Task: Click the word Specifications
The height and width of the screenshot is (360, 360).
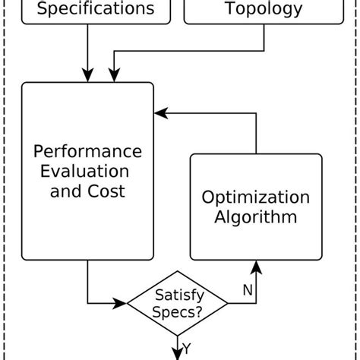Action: [95, 9]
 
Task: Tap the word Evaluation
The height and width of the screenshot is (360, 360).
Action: [89, 171]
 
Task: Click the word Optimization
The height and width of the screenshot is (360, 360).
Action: [255, 197]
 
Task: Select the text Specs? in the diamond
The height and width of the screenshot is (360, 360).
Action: [178, 311]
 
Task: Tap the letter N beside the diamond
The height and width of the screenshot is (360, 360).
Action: [247, 290]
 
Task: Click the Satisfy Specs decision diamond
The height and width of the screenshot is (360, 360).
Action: [178, 303]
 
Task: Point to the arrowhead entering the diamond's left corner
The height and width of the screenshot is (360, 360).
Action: [121, 303]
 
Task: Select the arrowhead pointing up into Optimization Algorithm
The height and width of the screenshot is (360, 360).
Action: [255, 266]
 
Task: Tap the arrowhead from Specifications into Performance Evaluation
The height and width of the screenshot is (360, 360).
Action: [87, 75]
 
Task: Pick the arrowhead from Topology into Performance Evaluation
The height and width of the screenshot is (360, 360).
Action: [113, 75]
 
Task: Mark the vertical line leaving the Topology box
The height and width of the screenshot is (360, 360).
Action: [264, 38]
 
